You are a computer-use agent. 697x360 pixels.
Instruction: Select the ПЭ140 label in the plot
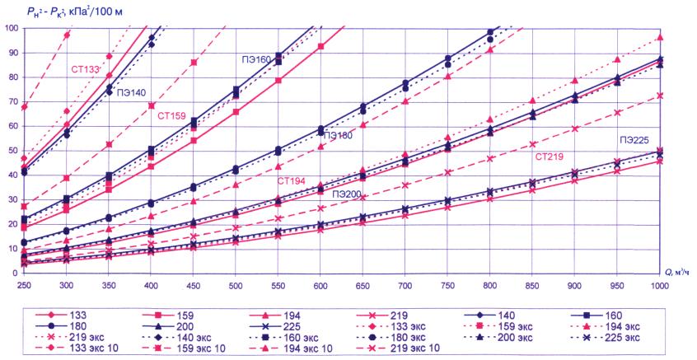tap(133, 94)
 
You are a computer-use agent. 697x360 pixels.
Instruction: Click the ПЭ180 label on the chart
tap(341, 134)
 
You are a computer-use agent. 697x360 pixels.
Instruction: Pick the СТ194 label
tap(292, 180)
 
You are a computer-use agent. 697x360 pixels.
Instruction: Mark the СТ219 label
tap(550, 156)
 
